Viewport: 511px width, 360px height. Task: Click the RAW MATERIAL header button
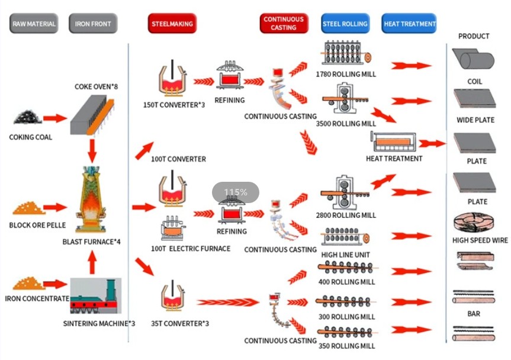tap(34, 24)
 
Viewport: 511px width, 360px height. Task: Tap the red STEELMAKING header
tap(171, 24)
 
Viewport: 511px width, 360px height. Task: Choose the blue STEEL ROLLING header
tap(345, 24)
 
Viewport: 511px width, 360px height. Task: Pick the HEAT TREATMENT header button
tap(409, 24)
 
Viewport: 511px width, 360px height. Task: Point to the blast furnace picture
tap(91, 201)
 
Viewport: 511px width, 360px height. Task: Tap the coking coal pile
tap(27, 118)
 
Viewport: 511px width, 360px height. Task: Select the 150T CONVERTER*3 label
tap(171, 105)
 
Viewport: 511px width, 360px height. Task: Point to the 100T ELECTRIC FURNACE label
tap(191, 249)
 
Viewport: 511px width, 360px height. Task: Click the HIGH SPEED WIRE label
tap(480, 240)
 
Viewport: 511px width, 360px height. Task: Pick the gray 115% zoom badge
tap(236, 192)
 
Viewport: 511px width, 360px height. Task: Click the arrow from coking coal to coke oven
tap(56, 118)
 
